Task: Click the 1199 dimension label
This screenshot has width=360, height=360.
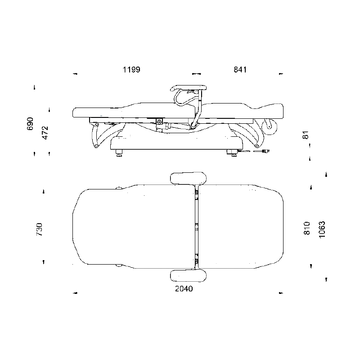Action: tap(131, 69)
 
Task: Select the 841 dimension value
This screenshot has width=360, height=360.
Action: tap(240, 69)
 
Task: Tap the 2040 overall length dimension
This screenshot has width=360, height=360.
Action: tap(184, 288)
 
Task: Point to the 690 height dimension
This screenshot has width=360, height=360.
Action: tap(30, 124)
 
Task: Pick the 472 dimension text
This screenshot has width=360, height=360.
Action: tap(45, 133)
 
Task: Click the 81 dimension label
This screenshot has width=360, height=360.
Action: tap(306, 135)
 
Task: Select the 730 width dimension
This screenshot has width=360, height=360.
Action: tap(39, 229)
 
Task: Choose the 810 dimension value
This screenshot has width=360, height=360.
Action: tap(307, 228)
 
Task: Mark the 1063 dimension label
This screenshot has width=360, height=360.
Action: tap(322, 229)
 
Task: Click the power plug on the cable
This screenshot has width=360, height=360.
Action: tap(266, 151)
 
